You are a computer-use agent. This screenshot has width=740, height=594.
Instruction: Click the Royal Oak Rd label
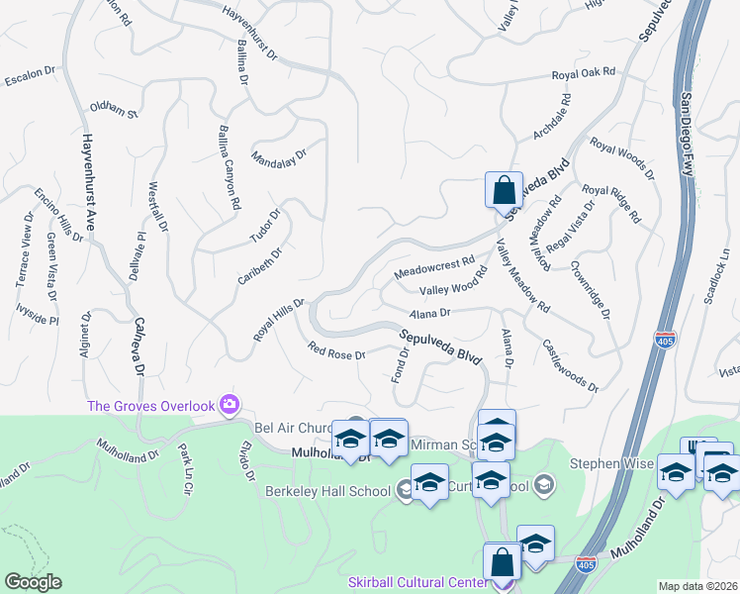pos(583,73)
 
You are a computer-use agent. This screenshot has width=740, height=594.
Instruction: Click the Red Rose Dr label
pos(336,350)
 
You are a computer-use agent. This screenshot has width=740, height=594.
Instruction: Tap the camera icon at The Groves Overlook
pos(230,403)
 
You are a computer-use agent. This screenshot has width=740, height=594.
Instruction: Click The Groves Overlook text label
pos(150,405)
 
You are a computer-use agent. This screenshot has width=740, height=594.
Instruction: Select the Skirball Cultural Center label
pos(418,581)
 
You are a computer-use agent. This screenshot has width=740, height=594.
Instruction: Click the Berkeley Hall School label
pos(328,491)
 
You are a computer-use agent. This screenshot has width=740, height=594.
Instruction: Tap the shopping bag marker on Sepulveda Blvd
pos(504,188)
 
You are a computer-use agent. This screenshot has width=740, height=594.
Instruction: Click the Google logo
pos(33,582)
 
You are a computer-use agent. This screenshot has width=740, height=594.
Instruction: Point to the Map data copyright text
pos(698,586)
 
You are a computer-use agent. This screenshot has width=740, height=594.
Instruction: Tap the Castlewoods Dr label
pos(570,366)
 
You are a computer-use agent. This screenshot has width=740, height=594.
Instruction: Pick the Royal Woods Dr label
pos(622,159)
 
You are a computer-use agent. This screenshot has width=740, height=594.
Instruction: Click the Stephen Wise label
pos(610,462)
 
